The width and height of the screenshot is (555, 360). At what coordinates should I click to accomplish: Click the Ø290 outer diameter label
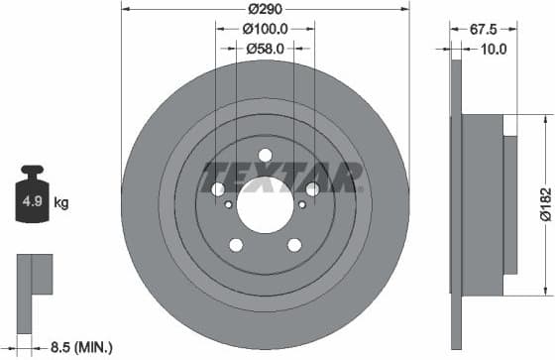(265, 9)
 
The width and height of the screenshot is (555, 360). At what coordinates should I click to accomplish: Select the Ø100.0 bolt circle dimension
(265, 29)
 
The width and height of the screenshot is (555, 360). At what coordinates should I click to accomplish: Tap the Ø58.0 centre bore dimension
(265, 47)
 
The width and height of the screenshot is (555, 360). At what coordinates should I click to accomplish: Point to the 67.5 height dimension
(481, 29)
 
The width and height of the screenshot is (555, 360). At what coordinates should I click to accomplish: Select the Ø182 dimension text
(543, 201)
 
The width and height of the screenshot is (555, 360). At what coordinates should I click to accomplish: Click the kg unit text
(61, 204)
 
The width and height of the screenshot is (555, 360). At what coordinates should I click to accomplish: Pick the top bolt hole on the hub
(265, 154)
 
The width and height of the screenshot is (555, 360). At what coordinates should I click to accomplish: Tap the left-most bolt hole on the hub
(218, 189)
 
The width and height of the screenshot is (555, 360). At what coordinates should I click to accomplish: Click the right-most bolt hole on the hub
(312, 189)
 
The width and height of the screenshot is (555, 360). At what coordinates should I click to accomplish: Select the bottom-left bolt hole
(236, 245)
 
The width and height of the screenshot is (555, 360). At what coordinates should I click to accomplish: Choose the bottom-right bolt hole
(294, 245)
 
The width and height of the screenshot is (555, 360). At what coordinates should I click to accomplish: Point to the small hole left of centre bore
(230, 204)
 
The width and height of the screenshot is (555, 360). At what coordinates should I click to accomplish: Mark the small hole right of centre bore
(300, 204)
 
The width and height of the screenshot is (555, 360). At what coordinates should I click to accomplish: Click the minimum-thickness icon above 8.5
(34, 275)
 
